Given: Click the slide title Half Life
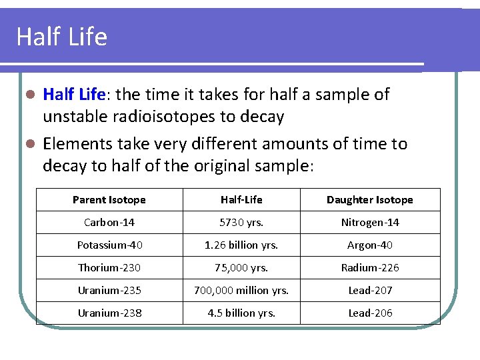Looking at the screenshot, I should [61, 37].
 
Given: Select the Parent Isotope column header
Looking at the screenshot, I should [109, 200].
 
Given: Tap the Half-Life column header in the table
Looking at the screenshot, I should [241, 200].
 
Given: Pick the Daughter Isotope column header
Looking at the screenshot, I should [370, 200].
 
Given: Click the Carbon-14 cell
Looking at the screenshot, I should [109, 223].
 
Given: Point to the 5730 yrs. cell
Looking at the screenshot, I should [241, 223].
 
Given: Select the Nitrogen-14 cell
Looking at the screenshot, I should [370, 223].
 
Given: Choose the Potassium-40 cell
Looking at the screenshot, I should [109, 245].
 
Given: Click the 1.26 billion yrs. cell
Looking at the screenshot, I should [241, 245].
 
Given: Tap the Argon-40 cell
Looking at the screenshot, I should [370, 245].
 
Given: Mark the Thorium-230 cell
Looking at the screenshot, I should [109, 268].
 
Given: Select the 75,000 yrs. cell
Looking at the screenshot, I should [241, 268].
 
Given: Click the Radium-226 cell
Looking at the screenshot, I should [370, 268].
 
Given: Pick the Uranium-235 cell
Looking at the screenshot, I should [109, 291].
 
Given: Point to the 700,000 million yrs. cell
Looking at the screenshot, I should [241, 291].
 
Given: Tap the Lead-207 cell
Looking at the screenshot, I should [370, 291].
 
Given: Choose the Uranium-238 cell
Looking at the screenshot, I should [109, 313].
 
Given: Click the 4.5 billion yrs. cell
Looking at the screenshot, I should [241, 313].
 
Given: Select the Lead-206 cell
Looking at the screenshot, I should [370, 313].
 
